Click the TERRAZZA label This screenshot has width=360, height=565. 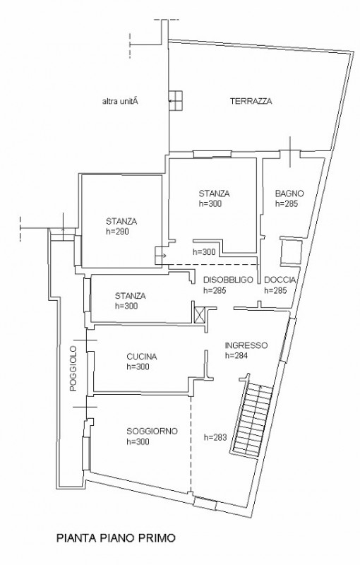coord(251,101)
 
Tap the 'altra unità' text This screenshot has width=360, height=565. coord(121,102)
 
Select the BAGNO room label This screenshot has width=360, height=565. coord(289,194)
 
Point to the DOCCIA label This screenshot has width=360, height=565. coord(280,280)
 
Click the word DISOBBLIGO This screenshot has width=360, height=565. coord(228,280)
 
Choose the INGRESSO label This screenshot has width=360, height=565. coord(246,345)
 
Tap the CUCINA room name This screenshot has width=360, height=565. coord(141,357)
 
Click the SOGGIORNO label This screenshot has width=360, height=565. coord(152,432)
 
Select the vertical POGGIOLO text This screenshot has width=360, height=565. coord(73,369)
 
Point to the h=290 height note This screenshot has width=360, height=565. coord(117,232)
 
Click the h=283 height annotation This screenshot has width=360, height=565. coord(215,437)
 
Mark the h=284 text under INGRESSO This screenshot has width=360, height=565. coord(236,356)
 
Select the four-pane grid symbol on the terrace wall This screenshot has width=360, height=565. coord(176,100)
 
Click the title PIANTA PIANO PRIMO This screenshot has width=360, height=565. coord(116,538)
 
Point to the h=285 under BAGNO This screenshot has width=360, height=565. coord(287,203)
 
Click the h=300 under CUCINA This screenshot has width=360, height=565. coord(138,367)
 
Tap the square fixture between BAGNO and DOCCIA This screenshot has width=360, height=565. coord(291,251)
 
